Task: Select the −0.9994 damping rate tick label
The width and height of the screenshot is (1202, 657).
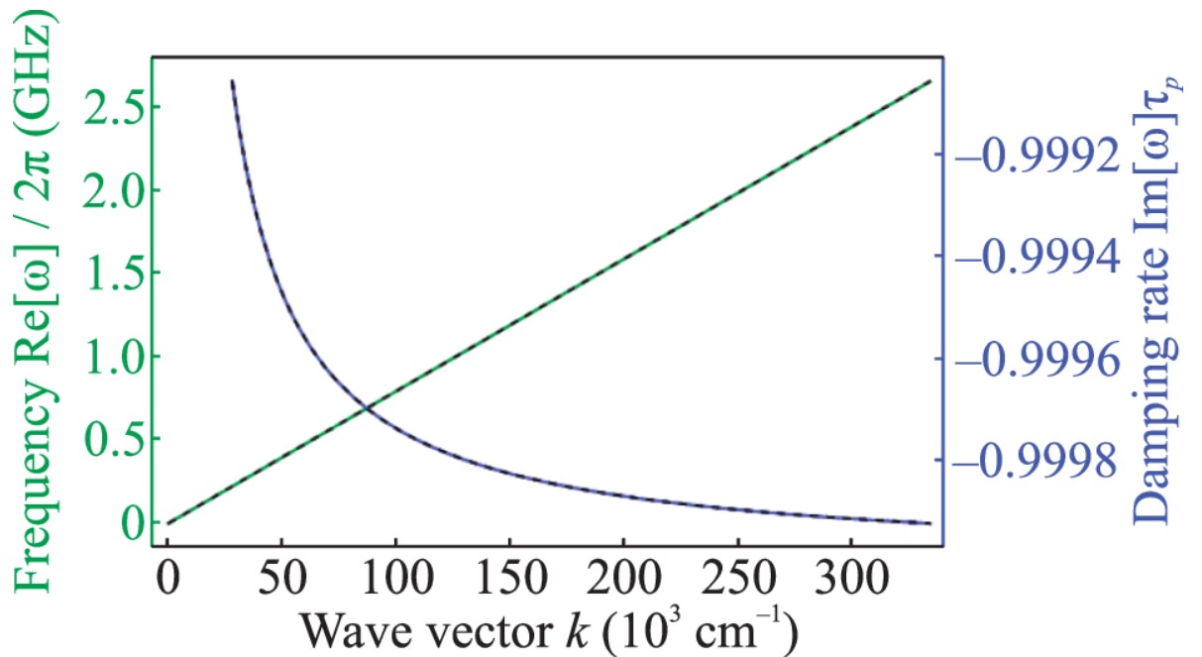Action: tap(1049, 257)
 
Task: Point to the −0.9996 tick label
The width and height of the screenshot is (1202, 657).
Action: tap(1049, 360)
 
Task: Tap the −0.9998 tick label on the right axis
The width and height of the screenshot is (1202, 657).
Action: tap(1049, 462)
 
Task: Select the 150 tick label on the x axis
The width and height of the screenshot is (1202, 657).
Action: tap(508, 577)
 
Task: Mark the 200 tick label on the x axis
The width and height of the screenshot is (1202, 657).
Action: tap(622, 577)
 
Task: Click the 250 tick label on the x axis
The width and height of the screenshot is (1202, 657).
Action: tap(736, 577)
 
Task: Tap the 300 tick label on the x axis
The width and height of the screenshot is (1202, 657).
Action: tap(850, 577)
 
